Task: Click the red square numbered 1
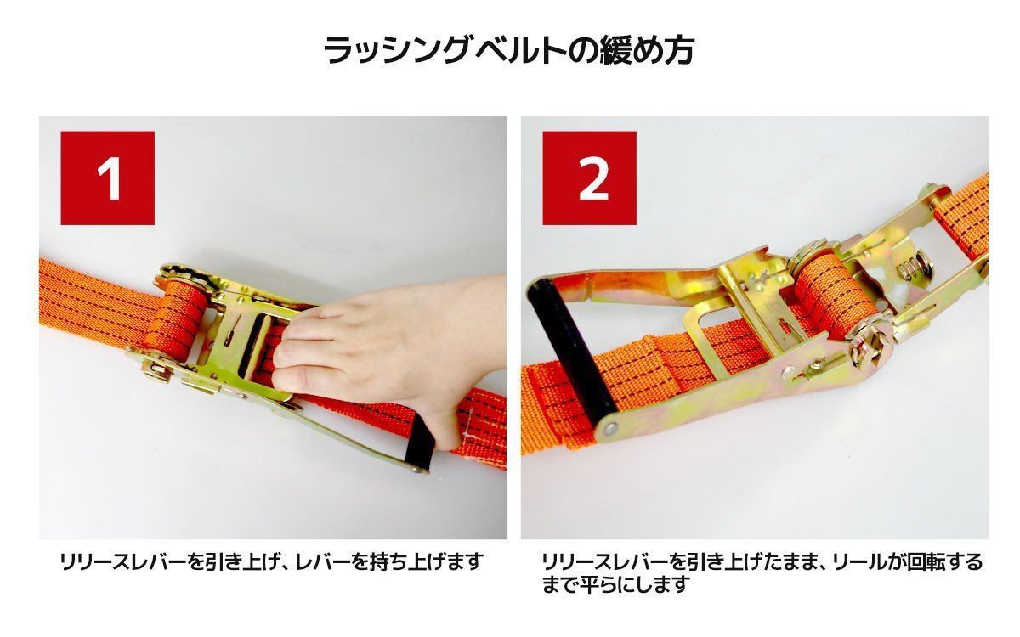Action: point(107,178)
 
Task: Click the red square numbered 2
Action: point(589,178)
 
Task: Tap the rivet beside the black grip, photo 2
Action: point(610,428)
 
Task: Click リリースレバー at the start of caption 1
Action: point(124,562)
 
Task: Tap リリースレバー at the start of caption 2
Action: point(605,562)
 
